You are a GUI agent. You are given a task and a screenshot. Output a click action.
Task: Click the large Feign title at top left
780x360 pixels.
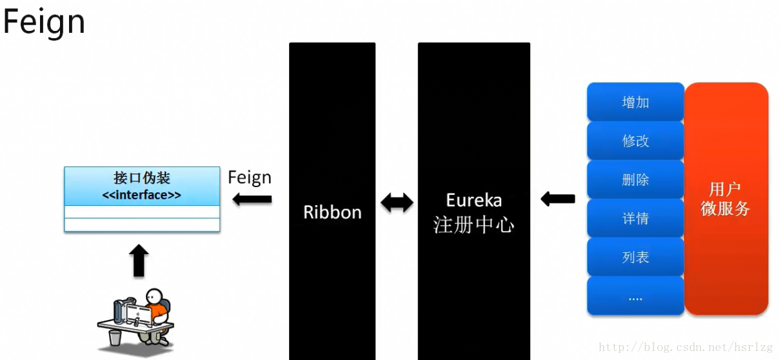point(44,22)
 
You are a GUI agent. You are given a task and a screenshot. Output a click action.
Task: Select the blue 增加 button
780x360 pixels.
point(635,102)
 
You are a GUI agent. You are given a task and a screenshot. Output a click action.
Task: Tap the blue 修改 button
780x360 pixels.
point(635,141)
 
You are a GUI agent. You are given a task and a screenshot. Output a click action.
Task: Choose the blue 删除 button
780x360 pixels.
point(635,179)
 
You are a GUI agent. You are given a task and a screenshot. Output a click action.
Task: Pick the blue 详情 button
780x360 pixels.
point(635,218)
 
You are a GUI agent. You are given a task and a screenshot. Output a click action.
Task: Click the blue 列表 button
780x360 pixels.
point(635,257)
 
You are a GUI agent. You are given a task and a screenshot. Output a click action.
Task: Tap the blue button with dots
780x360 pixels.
point(635,297)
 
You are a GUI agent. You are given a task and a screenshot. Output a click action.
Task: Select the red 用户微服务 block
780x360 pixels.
point(726,199)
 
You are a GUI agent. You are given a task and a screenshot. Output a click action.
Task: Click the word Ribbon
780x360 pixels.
point(332,212)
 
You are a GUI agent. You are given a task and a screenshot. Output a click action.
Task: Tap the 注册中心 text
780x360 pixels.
point(474,225)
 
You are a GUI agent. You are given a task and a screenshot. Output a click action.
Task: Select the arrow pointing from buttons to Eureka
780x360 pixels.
point(557,199)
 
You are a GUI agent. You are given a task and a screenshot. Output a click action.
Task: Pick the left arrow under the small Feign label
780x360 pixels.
point(252,199)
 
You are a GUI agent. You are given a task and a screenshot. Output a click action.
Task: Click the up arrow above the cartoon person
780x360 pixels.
point(139,261)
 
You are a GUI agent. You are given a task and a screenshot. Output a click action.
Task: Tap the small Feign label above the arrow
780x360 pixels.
point(250,177)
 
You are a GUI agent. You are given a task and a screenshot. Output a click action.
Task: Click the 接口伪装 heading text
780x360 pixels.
point(142,178)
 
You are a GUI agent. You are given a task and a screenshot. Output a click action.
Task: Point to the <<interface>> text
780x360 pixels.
point(142,194)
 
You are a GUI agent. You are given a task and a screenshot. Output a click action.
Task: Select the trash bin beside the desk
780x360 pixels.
point(114,337)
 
